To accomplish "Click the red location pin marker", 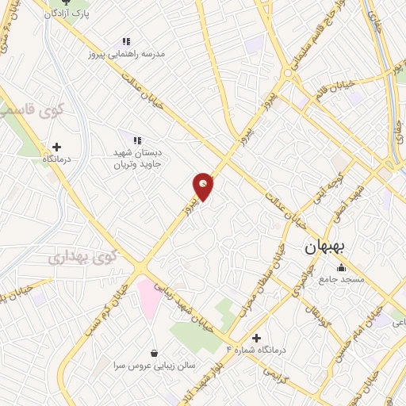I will (203, 186).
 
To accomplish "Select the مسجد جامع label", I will (341, 280).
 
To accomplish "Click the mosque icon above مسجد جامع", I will (341, 267).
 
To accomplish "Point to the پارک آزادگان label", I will (65, 13).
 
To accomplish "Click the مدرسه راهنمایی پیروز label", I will (126, 54).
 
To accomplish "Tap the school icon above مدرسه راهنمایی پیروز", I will (125, 41).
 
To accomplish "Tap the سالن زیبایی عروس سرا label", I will (153, 366).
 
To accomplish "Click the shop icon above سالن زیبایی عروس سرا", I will (153, 353).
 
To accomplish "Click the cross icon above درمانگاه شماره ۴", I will (255, 337).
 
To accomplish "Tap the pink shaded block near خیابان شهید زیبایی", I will (149, 297).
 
